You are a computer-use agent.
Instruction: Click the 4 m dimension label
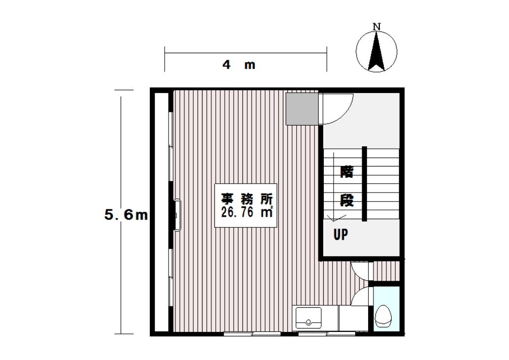[x=238, y=65]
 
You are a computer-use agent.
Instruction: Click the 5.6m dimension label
[x=126, y=215]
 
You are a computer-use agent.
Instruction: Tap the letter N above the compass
[x=376, y=27]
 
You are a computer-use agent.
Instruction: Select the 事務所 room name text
[x=247, y=198]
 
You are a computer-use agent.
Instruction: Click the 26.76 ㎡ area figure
[x=247, y=212]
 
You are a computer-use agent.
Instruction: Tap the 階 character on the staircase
[x=346, y=172]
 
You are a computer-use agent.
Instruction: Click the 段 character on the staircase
[x=346, y=200]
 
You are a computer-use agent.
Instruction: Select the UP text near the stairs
[x=341, y=234]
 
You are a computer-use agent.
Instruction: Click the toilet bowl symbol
[x=383, y=316]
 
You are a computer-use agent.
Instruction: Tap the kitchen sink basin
[x=308, y=318]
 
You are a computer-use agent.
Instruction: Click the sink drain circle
[x=308, y=322]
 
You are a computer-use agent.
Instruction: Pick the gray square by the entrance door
[x=302, y=109]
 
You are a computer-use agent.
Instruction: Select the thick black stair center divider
[x=365, y=184]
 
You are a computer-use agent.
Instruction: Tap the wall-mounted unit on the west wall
[x=177, y=215]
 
